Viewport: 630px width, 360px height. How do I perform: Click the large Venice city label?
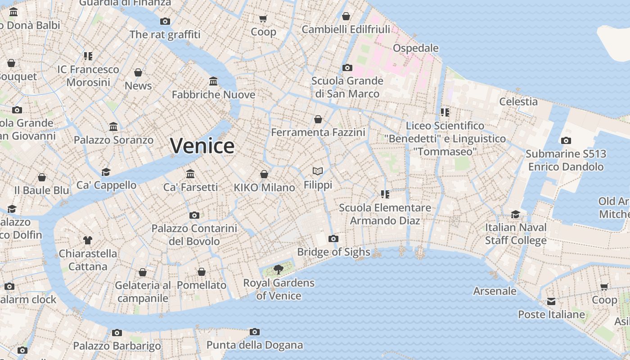(x=202, y=146)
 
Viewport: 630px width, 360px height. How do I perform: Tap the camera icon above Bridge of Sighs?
(x=333, y=238)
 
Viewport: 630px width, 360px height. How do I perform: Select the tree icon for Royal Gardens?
(x=279, y=270)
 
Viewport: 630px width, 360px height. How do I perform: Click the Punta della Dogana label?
(x=255, y=345)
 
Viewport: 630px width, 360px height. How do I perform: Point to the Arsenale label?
(x=495, y=291)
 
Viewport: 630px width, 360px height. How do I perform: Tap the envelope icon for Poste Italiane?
(x=551, y=301)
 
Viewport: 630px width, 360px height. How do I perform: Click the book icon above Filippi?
(x=318, y=171)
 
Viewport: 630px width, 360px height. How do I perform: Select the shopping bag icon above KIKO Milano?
(x=264, y=174)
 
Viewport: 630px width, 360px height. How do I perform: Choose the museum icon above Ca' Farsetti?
(x=190, y=174)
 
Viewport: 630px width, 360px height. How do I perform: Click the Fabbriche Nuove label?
(x=213, y=94)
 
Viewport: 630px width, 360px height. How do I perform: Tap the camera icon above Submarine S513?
(x=566, y=140)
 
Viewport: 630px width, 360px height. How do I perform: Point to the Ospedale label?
(x=415, y=48)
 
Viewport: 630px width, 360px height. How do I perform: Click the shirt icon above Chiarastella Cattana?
(x=88, y=240)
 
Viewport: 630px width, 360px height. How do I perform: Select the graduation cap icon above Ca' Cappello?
(x=106, y=172)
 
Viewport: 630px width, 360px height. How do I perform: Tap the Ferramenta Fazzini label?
(x=318, y=132)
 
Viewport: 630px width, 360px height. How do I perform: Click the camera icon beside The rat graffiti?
(x=165, y=21)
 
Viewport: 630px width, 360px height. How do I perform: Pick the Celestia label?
(x=518, y=101)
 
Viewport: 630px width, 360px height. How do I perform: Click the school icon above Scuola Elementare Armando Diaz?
(x=385, y=194)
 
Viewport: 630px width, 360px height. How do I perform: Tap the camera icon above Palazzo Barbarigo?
(x=117, y=333)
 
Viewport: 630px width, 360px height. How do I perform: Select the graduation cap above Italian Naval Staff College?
(x=515, y=214)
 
